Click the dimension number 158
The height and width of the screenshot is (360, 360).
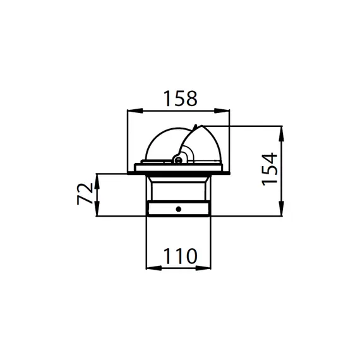click(181, 99)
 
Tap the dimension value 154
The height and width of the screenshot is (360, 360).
click(270, 169)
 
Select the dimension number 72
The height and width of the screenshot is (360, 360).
click(85, 193)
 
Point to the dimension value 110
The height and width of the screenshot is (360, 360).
click(181, 256)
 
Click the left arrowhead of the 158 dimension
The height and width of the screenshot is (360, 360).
click(135, 111)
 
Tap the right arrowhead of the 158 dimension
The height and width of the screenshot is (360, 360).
click(222, 111)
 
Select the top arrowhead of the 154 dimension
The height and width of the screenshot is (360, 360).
click(282, 133)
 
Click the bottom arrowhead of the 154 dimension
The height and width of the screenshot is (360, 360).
click(282, 208)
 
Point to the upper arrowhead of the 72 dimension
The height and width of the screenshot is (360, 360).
click(97, 181)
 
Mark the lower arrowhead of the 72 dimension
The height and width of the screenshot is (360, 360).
click(97, 208)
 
